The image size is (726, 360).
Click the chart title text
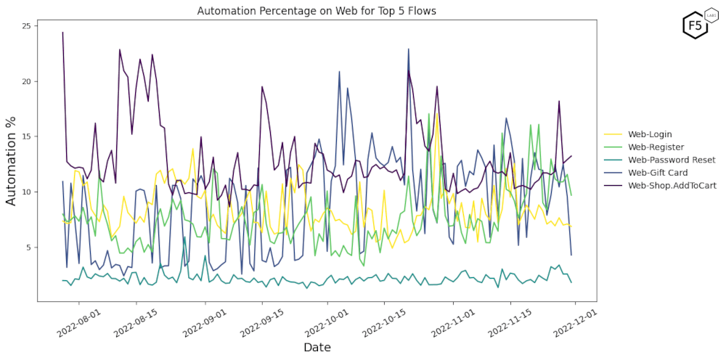pos(317,12)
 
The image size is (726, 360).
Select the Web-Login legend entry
pos(650,134)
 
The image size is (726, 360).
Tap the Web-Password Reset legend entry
pos(672,160)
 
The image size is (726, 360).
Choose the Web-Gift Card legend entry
pos(658,173)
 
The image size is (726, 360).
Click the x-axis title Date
pos(317,348)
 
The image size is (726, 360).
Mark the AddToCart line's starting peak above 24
pos(62,33)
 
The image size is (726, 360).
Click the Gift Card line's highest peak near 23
pos(409,49)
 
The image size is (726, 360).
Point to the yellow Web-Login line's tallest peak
pos(437,114)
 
